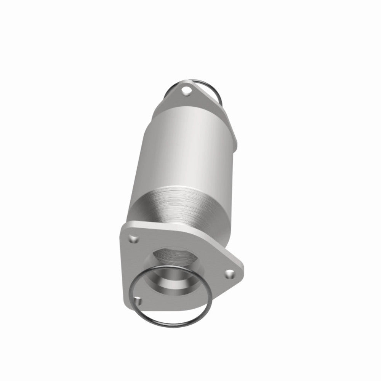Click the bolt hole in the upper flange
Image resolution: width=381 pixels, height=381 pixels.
(x=186, y=91)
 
